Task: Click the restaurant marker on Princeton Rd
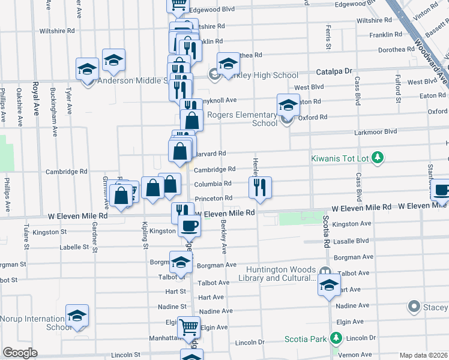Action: (261, 187)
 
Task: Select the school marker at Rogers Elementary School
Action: (288, 104)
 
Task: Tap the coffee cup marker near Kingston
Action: (190, 226)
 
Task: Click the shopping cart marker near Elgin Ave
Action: (189, 328)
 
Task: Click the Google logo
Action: (20, 353)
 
